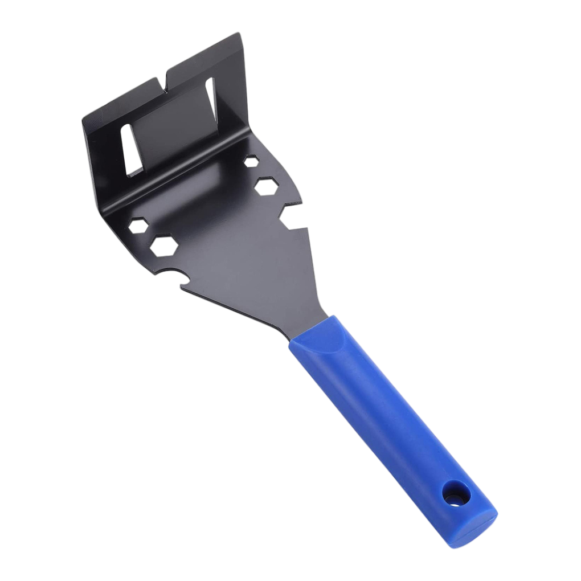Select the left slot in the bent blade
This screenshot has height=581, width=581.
(x=132, y=149)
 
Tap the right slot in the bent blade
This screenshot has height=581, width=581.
(x=211, y=99)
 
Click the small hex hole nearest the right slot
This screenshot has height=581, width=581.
(x=251, y=161)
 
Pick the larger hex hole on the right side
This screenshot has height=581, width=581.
(x=266, y=185)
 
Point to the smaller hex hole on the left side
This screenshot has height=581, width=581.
(x=137, y=224)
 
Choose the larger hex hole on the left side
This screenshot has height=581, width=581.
(x=163, y=244)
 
